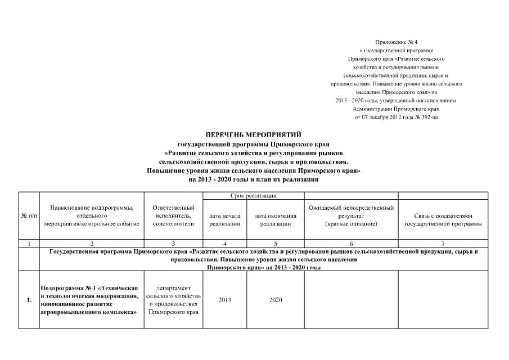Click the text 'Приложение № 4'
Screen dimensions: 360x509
coord(397,43)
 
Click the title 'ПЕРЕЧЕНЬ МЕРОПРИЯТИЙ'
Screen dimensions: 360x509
coord(254,134)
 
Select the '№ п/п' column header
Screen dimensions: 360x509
coord(29,216)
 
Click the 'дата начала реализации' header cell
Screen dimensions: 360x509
coord(225,219)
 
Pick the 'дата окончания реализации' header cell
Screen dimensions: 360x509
coord(276,219)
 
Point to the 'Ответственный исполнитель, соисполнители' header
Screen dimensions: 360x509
coord(174,216)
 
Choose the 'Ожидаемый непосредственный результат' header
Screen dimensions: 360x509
coord(351,216)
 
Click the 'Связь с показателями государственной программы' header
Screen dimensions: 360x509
coord(443,219)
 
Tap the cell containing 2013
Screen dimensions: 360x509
coord(225,300)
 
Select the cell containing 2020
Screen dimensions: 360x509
coord(276,300)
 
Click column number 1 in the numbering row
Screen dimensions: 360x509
coord(29,243)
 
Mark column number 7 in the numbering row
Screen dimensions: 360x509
coord(443,243)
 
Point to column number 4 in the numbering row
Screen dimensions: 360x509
coord(225,243)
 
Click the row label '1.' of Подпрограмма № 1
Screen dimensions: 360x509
coord(29,300)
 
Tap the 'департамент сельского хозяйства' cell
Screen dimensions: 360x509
coord(174,300)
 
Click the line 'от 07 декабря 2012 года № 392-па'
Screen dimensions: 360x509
coord(396,116)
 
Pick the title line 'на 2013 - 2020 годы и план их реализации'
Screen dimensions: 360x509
coord(254,180)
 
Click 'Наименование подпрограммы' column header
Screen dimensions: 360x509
coord(92,216)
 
